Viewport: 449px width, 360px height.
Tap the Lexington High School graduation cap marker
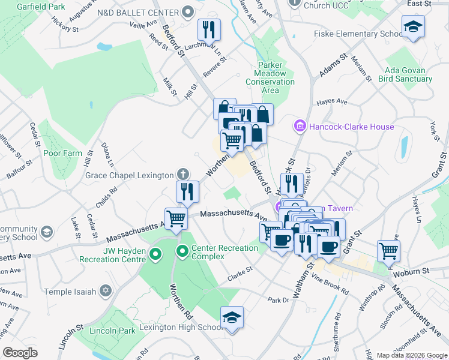[x=232, y=317]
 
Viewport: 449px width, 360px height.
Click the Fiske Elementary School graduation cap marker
[x=413, y=27]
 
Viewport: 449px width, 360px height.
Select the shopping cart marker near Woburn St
[x=388, y=250]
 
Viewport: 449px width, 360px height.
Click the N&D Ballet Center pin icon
[x=187, y=12]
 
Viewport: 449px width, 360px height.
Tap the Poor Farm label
[x=62, y=153]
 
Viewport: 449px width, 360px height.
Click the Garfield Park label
[x=41, y=7]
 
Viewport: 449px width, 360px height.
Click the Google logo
[x=20, y=353]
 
